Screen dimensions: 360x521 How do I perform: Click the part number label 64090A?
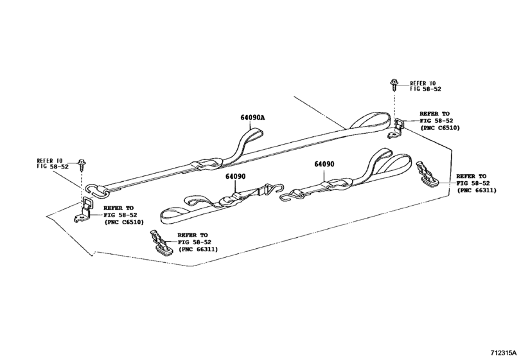coord(253,118)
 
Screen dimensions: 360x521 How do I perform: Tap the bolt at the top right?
coord(393,84)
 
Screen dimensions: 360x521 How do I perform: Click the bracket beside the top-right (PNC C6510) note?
coord(397,128)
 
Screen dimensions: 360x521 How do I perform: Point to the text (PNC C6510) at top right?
coord(439,128)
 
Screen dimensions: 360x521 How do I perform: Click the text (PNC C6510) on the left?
coord(124,222)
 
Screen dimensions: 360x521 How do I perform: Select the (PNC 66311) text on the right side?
coord(475,191)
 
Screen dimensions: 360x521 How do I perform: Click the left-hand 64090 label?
coord(236,176)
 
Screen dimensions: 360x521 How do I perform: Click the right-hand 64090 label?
coord(325,164)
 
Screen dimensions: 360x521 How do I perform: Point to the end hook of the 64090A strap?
coord(96,189)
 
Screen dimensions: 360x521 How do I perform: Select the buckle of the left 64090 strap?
coord(230,199)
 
